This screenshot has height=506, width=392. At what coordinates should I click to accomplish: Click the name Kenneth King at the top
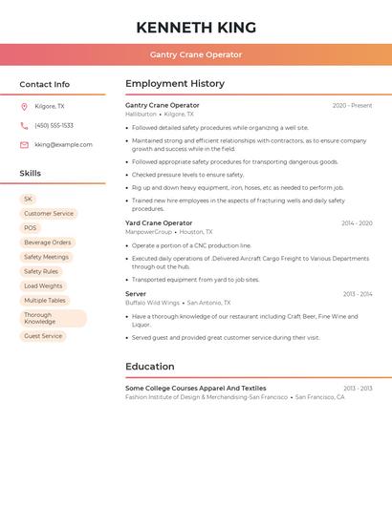195,27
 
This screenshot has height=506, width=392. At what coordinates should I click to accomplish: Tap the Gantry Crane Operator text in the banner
195,54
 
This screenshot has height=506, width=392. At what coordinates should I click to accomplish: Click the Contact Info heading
44,84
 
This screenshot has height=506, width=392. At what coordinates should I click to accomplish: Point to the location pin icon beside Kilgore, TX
24,106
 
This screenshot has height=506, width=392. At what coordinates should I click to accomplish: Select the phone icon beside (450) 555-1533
24,125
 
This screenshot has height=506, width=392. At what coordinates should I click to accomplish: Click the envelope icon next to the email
24,144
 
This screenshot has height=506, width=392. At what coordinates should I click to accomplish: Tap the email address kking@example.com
63,144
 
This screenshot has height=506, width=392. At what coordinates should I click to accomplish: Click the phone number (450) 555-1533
54,125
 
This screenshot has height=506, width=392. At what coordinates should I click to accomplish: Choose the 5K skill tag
28,200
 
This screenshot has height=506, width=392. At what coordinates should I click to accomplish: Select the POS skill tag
31,228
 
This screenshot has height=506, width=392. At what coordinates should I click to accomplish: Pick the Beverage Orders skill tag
47,242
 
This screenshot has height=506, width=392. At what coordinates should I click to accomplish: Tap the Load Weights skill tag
43,285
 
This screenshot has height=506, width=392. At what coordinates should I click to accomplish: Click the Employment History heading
175,84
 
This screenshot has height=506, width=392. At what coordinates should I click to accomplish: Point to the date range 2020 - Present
352,105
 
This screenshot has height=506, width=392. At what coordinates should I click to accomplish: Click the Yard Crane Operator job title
159,222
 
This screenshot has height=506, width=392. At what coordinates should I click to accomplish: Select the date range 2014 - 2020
357,222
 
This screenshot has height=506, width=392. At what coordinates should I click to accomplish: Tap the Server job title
136,294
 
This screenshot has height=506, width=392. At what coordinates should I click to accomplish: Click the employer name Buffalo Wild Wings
153,303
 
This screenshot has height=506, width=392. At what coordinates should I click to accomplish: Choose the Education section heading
150,367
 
